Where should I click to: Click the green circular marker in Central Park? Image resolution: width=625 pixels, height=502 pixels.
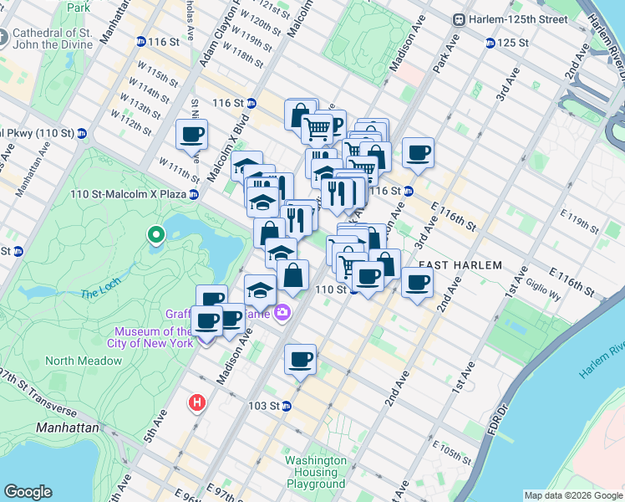coord(155,236)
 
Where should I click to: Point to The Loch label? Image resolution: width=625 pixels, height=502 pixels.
coord(100,294)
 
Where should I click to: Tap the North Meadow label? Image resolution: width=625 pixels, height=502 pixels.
coord(84,361)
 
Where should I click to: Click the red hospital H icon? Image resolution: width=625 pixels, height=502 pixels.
coord(197,403)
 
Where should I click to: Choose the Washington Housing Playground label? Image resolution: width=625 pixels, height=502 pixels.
coord(315,472)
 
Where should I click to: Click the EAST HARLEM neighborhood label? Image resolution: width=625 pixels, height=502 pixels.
coord(460,265)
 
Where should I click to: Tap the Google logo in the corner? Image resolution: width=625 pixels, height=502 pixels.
coord(28,492)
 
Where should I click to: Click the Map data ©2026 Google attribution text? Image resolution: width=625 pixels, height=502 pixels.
coord(572,495)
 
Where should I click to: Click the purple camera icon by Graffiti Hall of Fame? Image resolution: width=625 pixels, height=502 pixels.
coord(283,312)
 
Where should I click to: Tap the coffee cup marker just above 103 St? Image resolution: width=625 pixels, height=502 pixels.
coord(300,360)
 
